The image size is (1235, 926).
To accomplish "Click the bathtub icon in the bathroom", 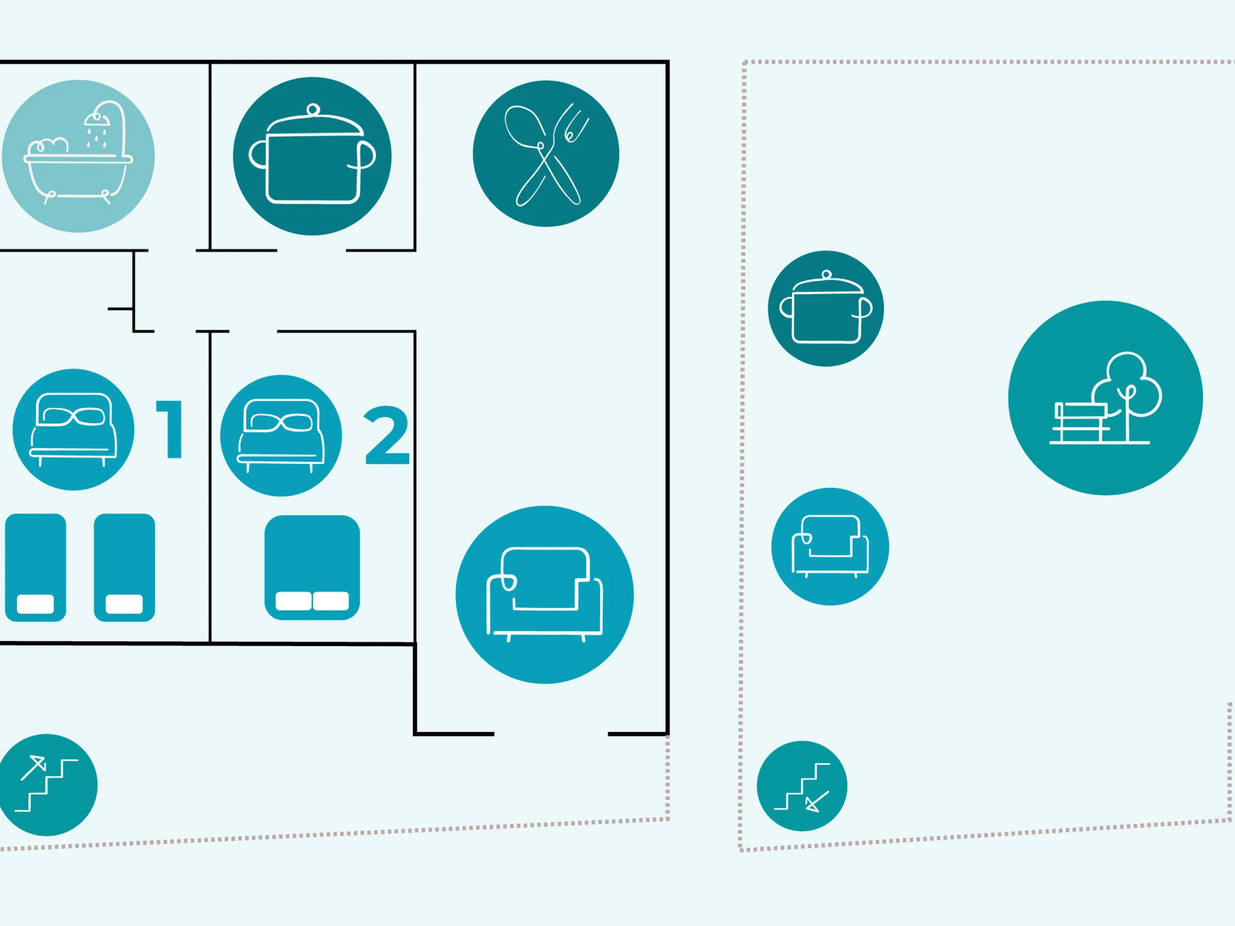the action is (78, 156).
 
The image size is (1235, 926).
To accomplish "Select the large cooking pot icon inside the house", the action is (312, 156).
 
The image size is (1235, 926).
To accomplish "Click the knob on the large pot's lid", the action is (313, 110).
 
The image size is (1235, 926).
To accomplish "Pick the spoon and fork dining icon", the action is (546, 153).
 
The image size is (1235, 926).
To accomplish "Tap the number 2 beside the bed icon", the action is (386, 435).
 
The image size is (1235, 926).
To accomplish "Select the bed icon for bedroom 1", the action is (73, 429).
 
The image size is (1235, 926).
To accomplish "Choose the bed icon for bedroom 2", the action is (281, 435).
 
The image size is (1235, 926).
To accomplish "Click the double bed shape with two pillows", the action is (312, 567).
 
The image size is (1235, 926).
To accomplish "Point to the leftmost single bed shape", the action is (36, 567).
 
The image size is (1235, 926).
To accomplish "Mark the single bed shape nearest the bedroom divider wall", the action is (125, 567).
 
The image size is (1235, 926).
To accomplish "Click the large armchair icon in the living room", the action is (544, 595).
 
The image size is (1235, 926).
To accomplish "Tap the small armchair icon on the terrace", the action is (830, 546).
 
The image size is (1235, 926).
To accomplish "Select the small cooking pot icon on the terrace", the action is (826, 309).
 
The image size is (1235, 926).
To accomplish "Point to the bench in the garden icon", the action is (1079, 422).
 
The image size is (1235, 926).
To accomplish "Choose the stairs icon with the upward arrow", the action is (47, 785).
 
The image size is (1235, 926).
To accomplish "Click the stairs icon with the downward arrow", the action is (802, 786).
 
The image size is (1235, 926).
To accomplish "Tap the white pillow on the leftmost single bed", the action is (35, 604).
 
